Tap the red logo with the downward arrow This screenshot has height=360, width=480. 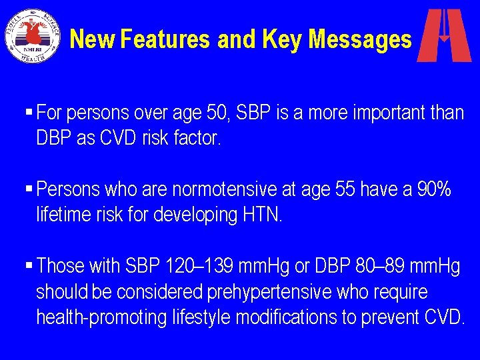[444, 35]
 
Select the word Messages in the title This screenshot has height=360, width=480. [361, 39]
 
